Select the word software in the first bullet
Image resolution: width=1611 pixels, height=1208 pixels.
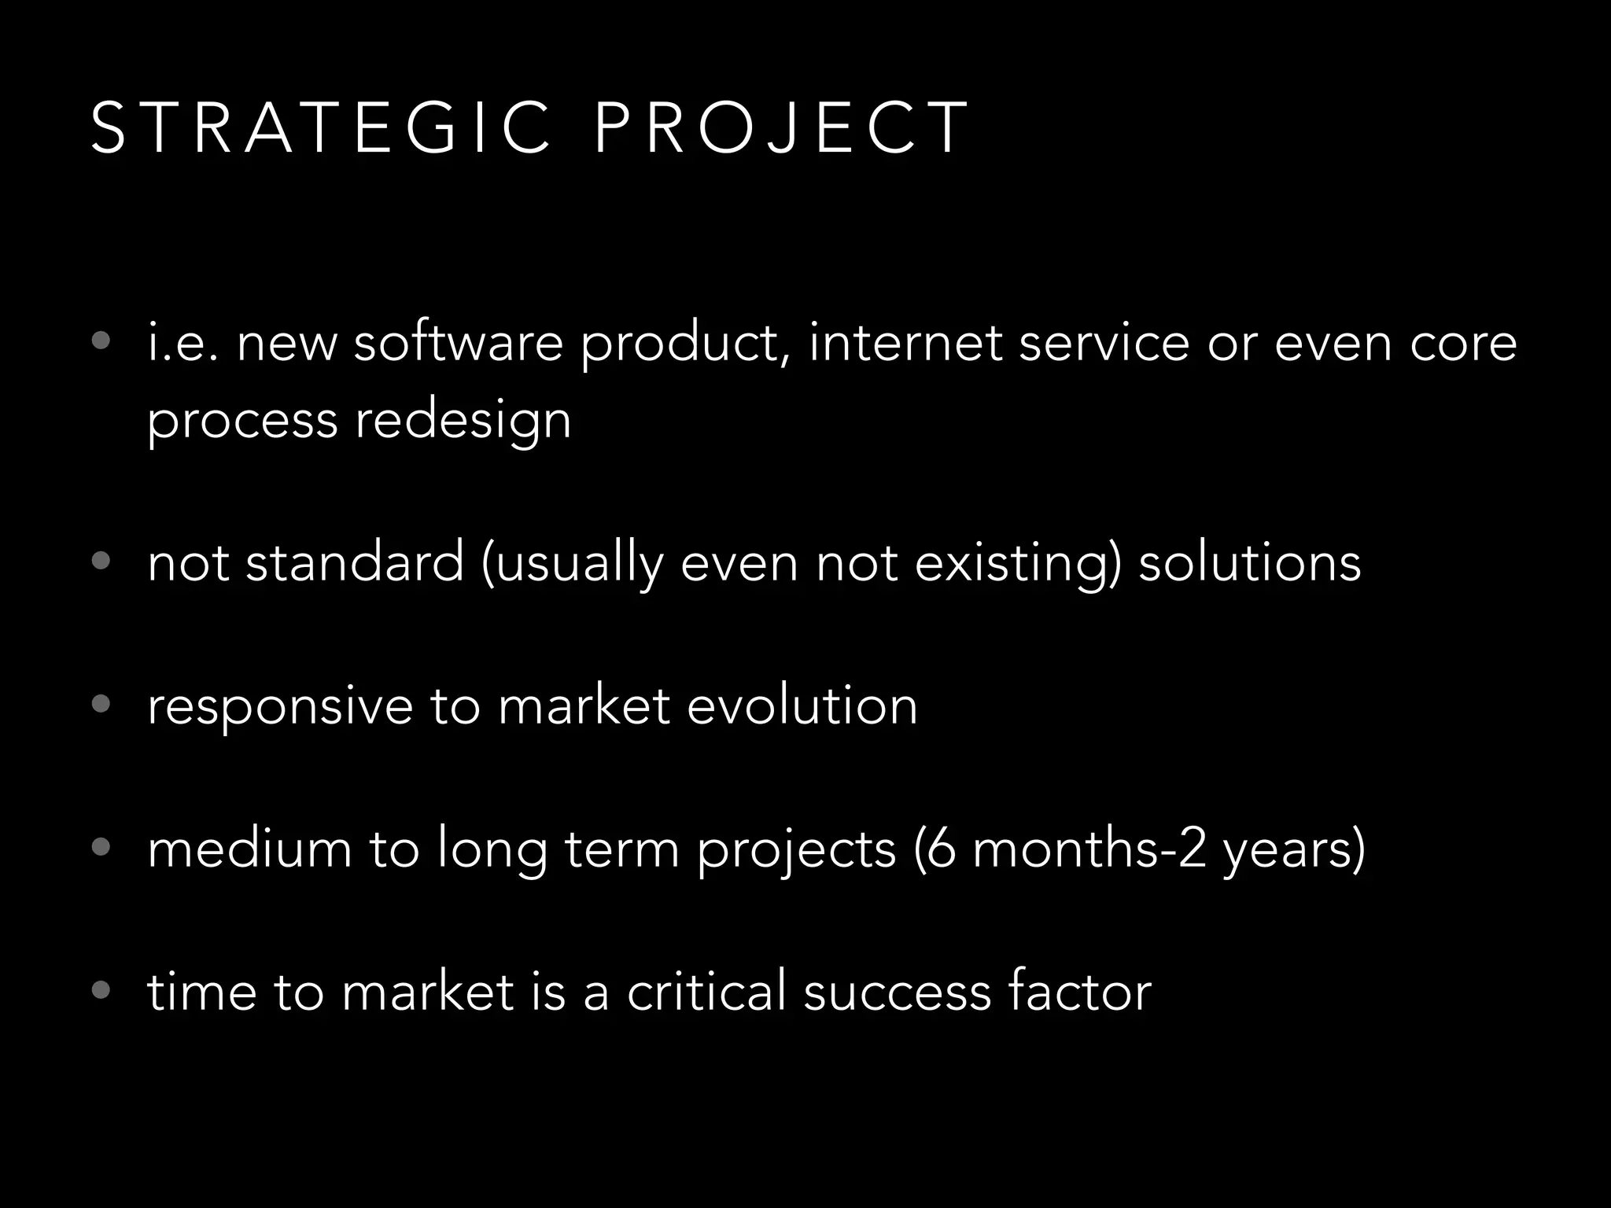pos(458,344)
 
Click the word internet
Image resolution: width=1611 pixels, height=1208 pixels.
pos(905,344)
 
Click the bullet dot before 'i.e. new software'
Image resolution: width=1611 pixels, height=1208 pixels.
pos(101,341)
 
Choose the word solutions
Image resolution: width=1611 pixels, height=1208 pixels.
pos(1249,563)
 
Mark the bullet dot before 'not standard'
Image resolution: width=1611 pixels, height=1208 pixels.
pos(101,561)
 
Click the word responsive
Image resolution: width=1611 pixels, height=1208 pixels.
pos(280,706)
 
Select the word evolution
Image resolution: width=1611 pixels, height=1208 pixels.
pos(802,705)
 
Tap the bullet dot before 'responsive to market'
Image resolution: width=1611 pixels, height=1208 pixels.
pos(101,704)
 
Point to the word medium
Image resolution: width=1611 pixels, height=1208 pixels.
pos(249,849)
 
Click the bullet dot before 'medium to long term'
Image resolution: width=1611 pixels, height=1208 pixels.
pos(101,847)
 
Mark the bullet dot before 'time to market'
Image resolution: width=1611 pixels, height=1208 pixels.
pos(101,989)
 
